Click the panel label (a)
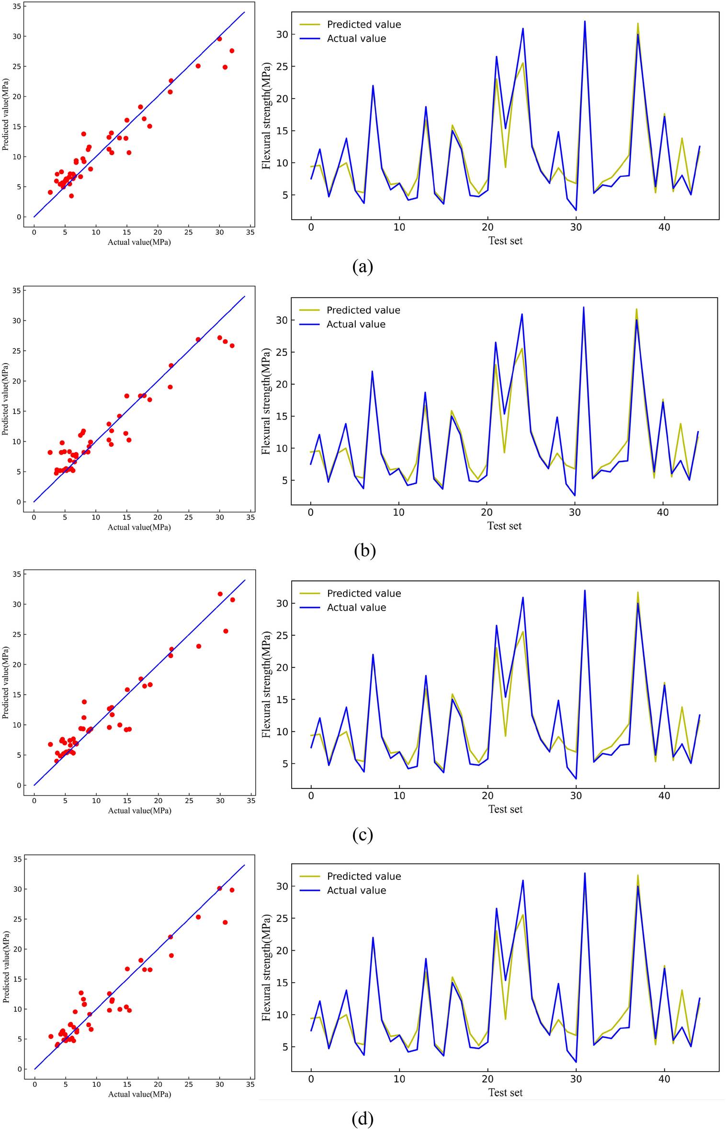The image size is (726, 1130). click(362, 266)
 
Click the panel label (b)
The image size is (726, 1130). click(364, 551)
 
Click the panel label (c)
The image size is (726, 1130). click(362, 834)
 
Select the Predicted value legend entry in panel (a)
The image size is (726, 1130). click(363, 24)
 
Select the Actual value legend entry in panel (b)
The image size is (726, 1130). click(355, 324)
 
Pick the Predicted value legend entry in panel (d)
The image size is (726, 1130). click(363, 876)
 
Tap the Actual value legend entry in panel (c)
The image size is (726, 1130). click(356, 608)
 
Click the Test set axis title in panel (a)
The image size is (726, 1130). click(505, 241)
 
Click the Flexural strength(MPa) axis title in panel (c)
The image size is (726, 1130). click(266, 684)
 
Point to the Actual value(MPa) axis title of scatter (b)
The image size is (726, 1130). click(139, 527)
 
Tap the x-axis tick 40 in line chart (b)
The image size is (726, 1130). click(662, 512)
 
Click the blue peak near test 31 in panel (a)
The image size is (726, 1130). click(585, 22)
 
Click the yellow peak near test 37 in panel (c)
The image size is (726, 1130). click(637, 593)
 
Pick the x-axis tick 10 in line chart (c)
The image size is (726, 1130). click(399, 796)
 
